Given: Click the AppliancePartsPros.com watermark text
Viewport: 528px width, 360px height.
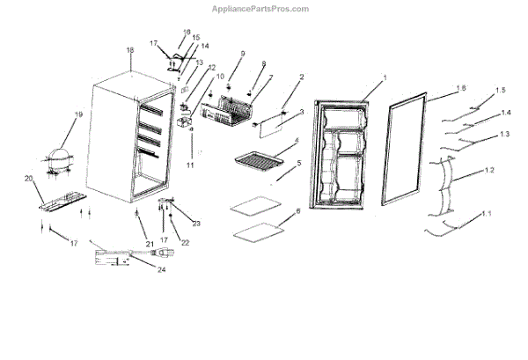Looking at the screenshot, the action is tap(260, 8).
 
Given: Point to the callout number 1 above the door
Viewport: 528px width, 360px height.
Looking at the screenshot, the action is tap(385, 78).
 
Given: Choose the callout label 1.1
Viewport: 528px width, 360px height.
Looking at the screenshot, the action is tap(488, 214).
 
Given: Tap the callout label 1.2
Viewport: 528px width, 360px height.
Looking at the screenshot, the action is tap(488, 169).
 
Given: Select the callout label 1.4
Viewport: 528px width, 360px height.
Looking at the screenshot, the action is tap(504, 113).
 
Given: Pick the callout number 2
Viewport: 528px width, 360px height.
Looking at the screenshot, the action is tap(301, 77).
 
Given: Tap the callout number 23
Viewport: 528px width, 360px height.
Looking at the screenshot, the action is tap(196, 223).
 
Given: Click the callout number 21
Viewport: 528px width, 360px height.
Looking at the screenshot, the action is tap(150, 242).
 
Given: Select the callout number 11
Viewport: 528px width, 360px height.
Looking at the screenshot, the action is tap(188, 165).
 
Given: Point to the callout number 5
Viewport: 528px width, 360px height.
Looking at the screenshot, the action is tap(298, 163).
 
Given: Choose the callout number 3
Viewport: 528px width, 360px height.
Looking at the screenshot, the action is tap(302, 113).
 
